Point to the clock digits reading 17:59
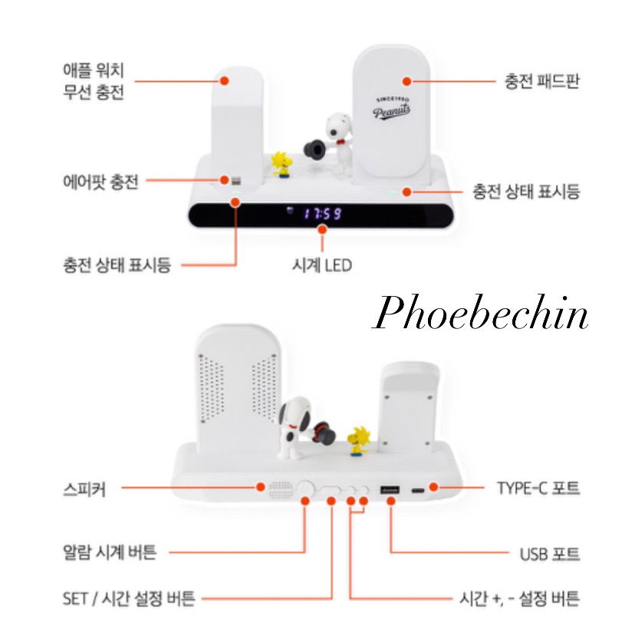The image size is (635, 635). point(322,214)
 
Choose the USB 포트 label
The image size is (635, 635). point(549,553)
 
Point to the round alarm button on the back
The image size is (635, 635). point(306,488)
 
